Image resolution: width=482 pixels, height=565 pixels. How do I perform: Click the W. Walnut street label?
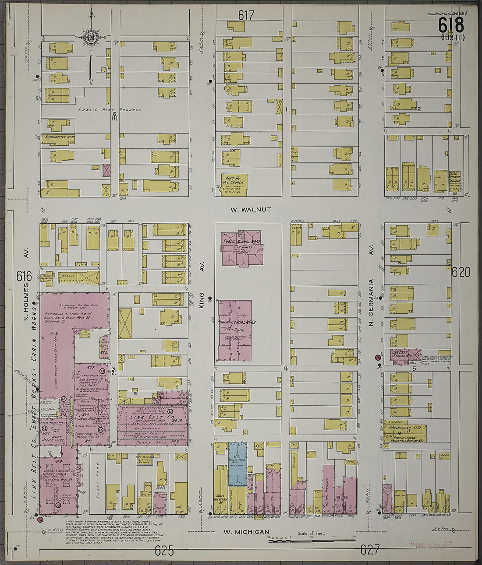(x=251, y=210)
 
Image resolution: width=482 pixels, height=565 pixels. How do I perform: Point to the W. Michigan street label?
(x=246, y=532)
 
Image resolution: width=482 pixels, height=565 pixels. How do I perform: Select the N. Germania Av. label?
(x=371, y=302)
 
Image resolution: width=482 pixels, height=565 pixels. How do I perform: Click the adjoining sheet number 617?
(x=246, y=16)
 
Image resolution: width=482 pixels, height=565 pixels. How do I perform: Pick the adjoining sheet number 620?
(x=461, y=273)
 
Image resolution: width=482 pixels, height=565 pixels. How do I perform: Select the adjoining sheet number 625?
(x=164, y=551)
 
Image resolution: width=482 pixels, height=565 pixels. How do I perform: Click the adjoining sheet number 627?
(x=370, y=550)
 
